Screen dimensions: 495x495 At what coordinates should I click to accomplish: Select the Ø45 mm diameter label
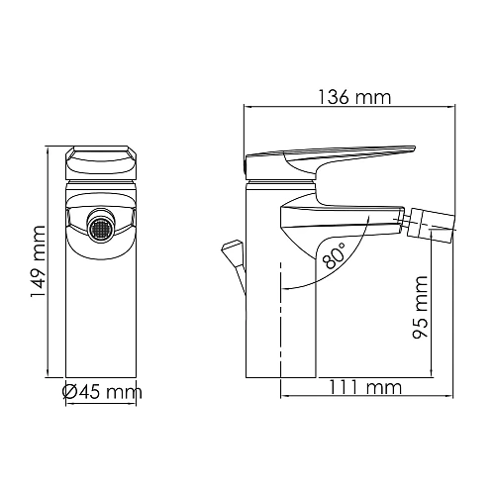(101, 393)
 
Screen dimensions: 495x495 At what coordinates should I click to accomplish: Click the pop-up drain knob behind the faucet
(235, 247)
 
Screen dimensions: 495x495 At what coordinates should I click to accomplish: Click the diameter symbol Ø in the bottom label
(69, 393)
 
